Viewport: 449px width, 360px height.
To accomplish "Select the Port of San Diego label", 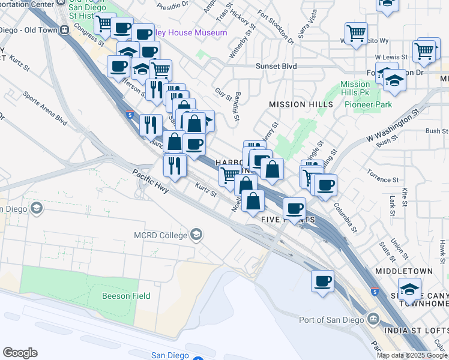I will point(332,319).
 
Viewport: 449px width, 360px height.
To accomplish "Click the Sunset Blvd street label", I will point(276,67).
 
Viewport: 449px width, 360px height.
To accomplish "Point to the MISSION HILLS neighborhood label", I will point(301,104).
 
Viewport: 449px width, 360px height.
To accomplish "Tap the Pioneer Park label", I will point(369,104).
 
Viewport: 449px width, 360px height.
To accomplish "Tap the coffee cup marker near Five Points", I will point(294,208).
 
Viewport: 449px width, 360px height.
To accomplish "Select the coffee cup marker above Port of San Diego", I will point(322,280).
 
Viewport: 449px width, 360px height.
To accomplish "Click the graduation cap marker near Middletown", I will point(409,290).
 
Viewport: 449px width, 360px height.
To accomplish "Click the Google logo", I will point(20,352).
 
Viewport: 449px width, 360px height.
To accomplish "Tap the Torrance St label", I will point(384,179).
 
